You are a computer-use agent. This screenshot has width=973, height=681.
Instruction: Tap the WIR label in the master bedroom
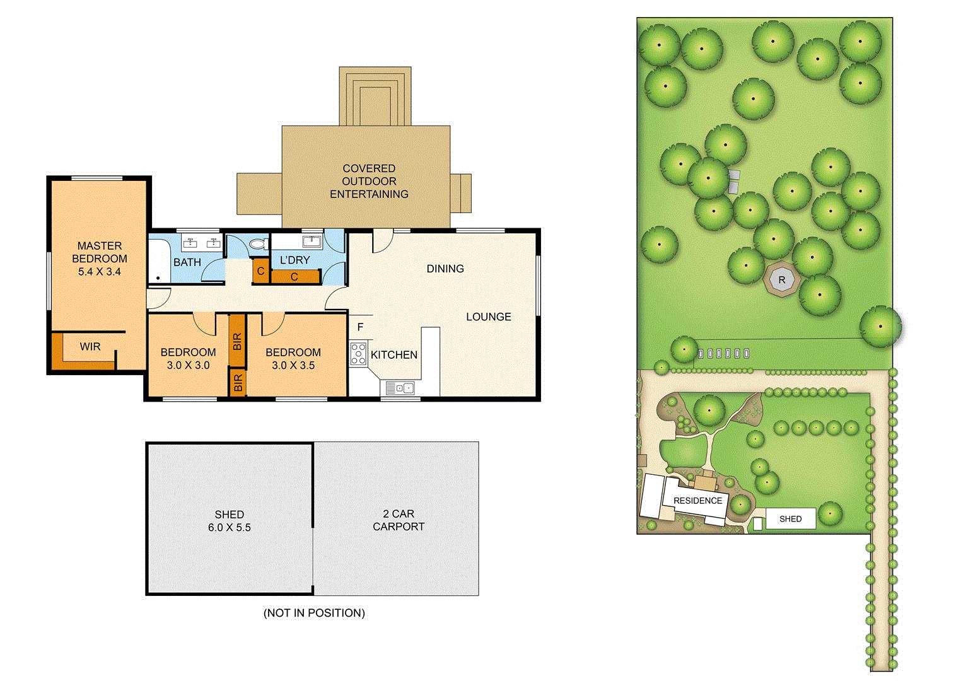(x=90, y=347)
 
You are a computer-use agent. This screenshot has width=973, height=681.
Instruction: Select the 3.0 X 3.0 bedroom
(x=188, y=359)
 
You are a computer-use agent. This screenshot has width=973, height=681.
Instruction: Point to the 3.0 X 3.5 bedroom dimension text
(x=293, y=366)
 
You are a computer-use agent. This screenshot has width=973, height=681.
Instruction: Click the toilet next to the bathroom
(x=257, y=243)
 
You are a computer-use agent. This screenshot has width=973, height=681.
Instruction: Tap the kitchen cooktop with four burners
(x=358, y=353)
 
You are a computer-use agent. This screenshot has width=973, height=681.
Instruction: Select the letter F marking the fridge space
(x=361, y=327)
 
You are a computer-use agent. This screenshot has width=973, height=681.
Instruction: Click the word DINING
(x=445, y=269)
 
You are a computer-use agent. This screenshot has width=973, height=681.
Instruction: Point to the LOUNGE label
(x=489, y=317)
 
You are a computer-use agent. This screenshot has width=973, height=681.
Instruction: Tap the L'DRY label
(x=295, y=260)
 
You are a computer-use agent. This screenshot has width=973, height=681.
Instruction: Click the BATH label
(x=187, y=262)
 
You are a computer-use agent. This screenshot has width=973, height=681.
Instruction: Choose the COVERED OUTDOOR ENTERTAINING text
(x=369, y=182)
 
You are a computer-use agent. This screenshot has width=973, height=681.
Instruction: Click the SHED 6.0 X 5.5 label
(x=230, y=521)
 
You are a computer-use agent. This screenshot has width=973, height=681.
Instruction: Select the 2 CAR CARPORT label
(x=399, y=520)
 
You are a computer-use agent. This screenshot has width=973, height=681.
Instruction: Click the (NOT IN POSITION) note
(x=314, y=613)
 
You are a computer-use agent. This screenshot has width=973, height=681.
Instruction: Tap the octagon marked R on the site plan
(x=782, y=280)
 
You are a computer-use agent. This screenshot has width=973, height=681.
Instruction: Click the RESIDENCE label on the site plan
(x=697, y=501)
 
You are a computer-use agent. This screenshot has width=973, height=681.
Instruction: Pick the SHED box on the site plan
(x=790, y=519)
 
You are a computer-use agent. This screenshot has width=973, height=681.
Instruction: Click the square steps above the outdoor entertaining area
(x=375, y=98)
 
